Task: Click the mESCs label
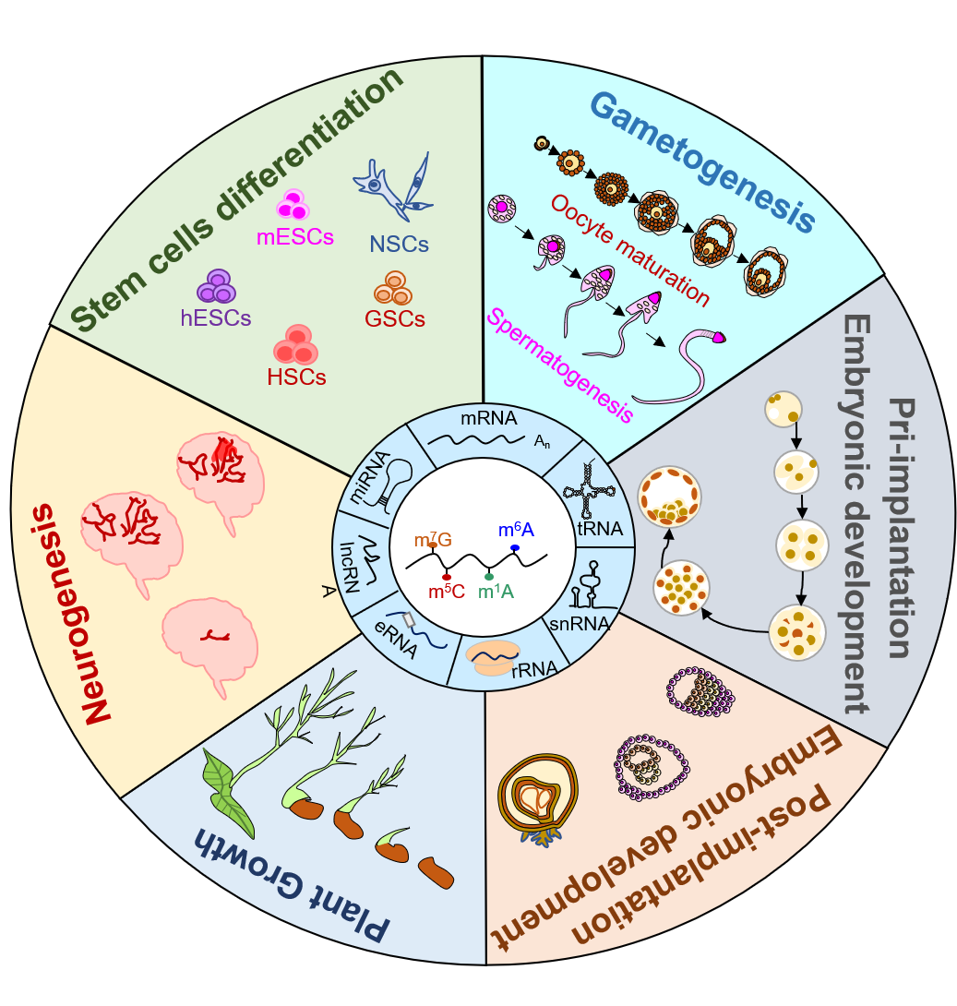294,237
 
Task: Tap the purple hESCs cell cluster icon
219,286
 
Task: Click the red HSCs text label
296,377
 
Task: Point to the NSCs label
399,245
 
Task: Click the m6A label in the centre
516,531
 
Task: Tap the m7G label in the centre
433,541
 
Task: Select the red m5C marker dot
447,577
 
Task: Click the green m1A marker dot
489,576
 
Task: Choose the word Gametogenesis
702,161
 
